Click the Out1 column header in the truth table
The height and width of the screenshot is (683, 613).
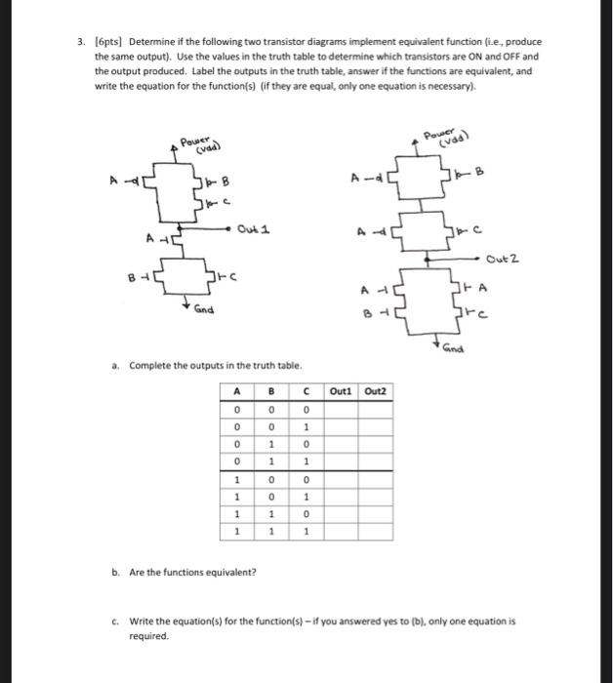pyautogui.click(x=340, y=391)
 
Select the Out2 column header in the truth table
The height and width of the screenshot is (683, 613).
pyautogui.click(x=375, y=391)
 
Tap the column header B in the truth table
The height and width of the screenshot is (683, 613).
pyautogui.click(x=271, y=391)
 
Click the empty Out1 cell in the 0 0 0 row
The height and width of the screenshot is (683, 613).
pyautogui.click(x=340, y=409)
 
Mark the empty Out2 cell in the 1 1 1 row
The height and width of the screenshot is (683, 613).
pyautogui.click(x=375, y=533)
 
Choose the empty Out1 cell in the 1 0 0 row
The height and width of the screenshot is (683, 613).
pyautogui.click(x=340, y=480)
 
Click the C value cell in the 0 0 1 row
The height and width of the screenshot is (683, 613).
pyautogui.click(x=306, y=426)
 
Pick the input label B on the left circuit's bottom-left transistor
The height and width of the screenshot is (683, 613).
pyautogui.click(x=132, y=276)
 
